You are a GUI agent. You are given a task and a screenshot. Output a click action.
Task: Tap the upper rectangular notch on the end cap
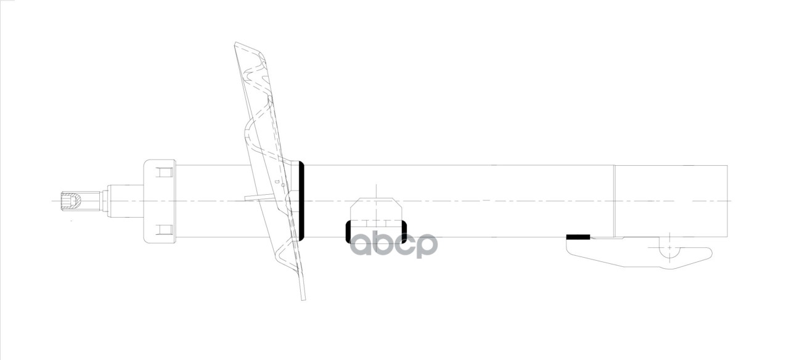pos(163,171)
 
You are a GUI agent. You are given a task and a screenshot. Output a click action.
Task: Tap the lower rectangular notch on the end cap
pos(163,230)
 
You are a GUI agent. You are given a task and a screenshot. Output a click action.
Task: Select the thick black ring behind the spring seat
pos(302,200)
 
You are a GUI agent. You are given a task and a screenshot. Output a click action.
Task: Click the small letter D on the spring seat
pos(278,182)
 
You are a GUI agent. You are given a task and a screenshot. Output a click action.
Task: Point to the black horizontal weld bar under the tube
pos(578,237)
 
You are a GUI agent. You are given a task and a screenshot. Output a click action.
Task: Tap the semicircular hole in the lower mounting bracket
pos(669,250)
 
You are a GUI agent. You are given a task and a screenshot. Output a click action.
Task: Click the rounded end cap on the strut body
pos(159,201)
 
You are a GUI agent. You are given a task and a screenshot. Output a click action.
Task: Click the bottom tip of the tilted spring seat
pos(303,298)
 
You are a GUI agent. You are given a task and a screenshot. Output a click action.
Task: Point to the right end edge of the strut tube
pos(728,201)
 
